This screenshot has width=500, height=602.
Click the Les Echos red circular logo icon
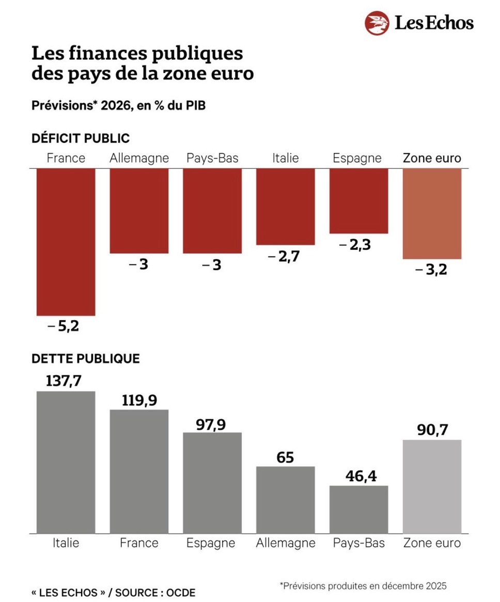377,23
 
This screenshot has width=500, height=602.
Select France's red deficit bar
66,242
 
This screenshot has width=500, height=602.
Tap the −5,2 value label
63,326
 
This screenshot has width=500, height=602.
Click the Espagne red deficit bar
358,201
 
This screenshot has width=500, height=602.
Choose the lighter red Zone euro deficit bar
432,213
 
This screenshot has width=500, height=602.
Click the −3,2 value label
431,270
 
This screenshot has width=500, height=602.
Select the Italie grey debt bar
66,462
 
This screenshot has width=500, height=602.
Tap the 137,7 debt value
64,381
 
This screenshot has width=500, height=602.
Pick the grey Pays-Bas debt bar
358,509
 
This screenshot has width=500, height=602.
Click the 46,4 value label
358,476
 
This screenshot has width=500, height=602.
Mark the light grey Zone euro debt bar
432,486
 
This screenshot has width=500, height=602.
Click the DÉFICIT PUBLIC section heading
81,138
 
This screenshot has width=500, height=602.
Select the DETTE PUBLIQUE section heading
86,358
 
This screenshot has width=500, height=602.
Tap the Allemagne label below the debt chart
285,543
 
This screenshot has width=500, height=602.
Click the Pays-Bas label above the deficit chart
212,158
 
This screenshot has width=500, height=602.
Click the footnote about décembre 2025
363,585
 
